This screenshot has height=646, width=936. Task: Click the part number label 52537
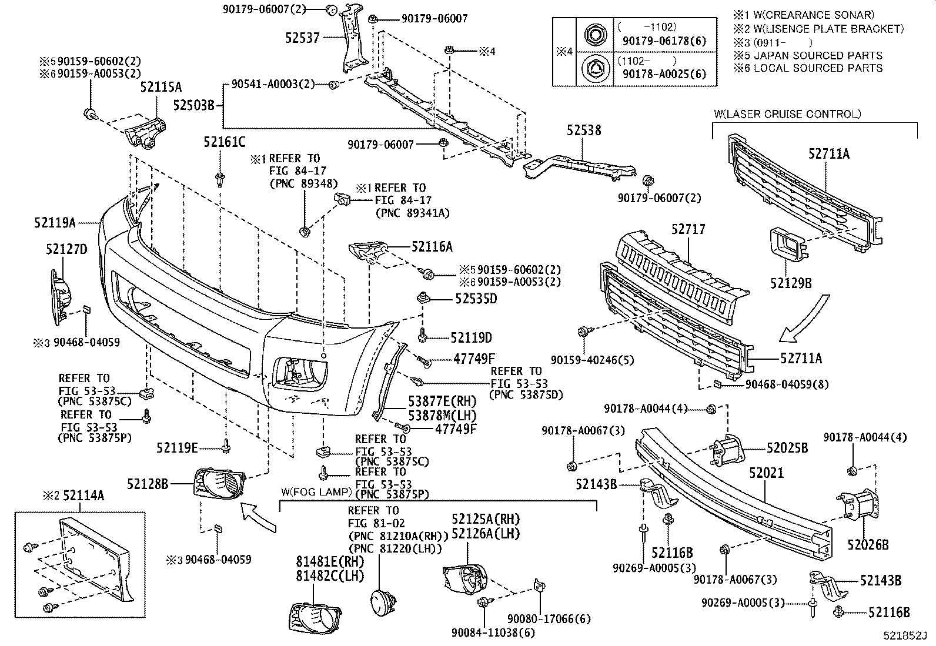point(302,38)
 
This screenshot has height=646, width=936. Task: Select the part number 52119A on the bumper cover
point(55,223)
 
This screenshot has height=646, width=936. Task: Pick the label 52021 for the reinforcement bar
point(766,472)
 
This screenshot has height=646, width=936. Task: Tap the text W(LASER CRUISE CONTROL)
point(787,114)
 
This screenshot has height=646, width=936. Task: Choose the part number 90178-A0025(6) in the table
point(663,74)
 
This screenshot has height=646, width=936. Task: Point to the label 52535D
point(476,299)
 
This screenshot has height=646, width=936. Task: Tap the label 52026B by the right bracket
point(868,545)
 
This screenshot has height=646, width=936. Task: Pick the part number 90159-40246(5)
point(593,359)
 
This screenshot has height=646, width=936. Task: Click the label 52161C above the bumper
point(225,142)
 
